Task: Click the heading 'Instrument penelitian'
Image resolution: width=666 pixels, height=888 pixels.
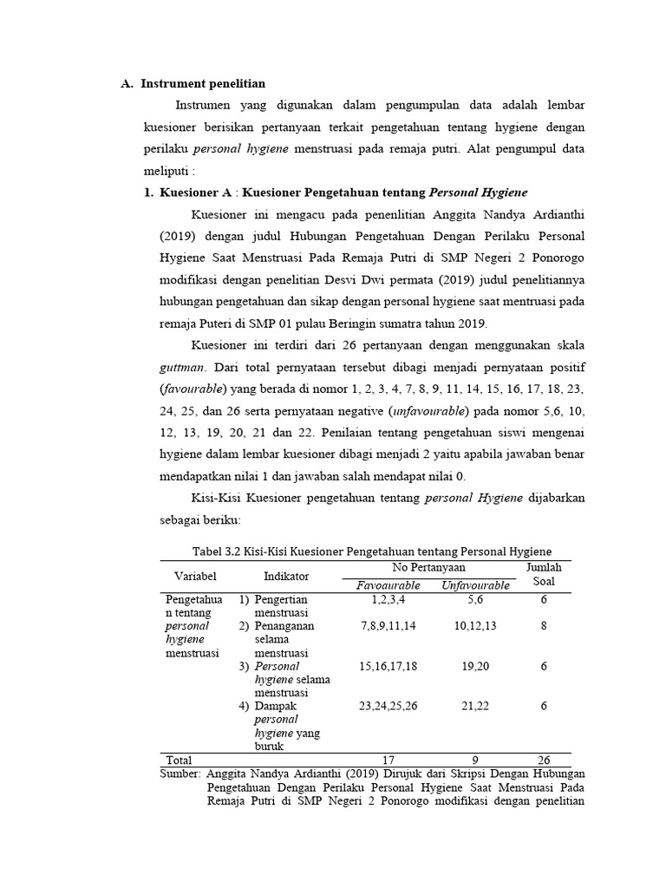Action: [x=204, y=83]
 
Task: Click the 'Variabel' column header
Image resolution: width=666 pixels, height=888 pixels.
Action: [x=195, y=576]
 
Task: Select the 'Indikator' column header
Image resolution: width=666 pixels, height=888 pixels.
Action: [x=286, y=576]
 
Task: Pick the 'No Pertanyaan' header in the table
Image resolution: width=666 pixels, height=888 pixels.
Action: [x=428, y=566]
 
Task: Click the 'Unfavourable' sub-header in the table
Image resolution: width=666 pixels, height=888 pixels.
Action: [x=475, y=585]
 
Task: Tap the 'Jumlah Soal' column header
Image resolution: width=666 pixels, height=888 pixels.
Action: [x=544, y=574]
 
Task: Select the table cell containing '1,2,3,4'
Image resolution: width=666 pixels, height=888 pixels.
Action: [x=388, y=599]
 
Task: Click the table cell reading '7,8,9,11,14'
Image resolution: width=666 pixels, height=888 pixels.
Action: [x=388, y=625]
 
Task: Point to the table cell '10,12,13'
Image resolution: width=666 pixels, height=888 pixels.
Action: [x=475, y=625]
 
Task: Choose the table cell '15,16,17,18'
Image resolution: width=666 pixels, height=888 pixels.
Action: [x=388, y=665]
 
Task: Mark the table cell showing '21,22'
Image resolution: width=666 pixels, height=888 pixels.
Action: [x=475, y=706]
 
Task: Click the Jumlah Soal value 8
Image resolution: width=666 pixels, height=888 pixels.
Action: [x=544, y=625]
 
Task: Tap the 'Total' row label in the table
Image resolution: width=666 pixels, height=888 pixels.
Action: [x=179, y=760]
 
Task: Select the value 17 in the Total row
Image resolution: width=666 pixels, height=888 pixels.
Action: [x=388, y=760]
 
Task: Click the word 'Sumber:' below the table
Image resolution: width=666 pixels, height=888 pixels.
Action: [x=181, y=774]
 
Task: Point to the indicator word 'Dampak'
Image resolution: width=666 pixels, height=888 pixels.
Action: [x=275, y=706]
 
